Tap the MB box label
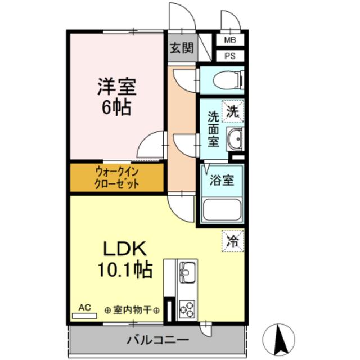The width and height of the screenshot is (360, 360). pyautogui.click(x=231, y=40)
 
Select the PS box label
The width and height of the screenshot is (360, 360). pyautogui.click(x=231, y=56)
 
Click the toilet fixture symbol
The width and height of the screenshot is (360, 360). pyautogui.click(x=228, y=80)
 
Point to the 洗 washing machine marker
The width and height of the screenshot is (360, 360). pyautogui.click(x=232, y=111)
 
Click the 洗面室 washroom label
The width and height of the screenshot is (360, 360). pyautogui.click(x=213, y=129)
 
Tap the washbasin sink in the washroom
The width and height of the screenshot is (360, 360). pyautogui.click(x=235, y=137)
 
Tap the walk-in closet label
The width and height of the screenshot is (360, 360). pyautogui.click(x=116, y=178)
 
